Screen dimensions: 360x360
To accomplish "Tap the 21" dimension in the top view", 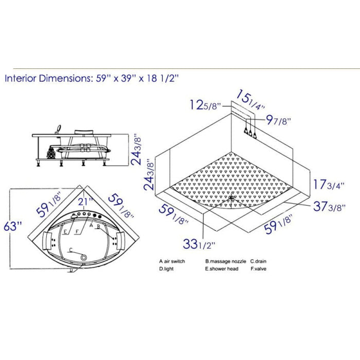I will [85, 201].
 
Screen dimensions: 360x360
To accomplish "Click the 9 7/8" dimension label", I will [278, 121].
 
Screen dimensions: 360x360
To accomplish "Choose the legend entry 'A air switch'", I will [172, 261].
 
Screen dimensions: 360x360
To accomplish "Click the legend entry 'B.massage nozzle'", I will [225, 261].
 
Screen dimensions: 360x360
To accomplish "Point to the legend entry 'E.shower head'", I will [222, 268].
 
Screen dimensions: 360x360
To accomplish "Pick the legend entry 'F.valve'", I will [259, 268].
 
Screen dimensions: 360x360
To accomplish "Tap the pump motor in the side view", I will [51, 152].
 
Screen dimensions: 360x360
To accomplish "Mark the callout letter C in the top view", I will [70, 249].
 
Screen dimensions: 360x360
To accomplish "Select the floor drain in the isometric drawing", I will [231, 197].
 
